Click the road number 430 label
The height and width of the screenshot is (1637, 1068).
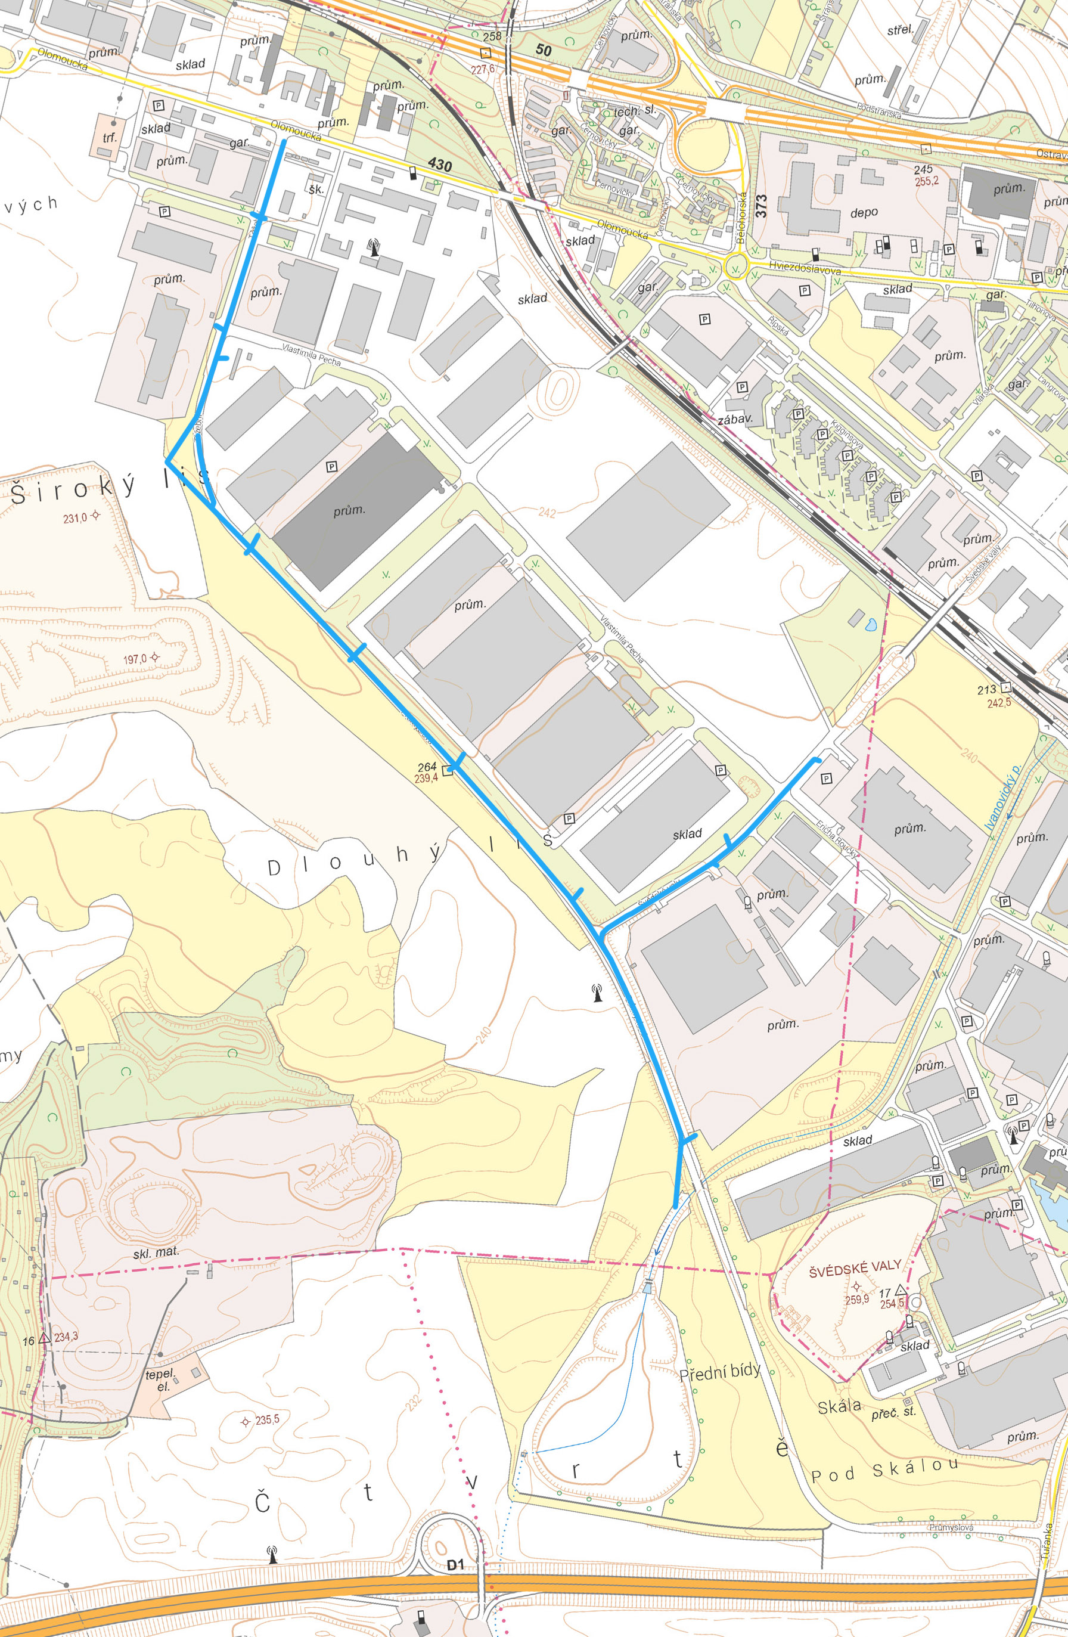point(439,165)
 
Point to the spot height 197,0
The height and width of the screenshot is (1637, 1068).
point(135,659)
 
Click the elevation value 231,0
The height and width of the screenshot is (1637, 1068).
point(75,518)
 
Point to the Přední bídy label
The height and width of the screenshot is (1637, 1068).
point(719,1372)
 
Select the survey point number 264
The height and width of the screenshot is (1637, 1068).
point(427,766)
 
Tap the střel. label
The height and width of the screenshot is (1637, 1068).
point(899,30)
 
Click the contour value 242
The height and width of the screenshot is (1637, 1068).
point(548,513)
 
